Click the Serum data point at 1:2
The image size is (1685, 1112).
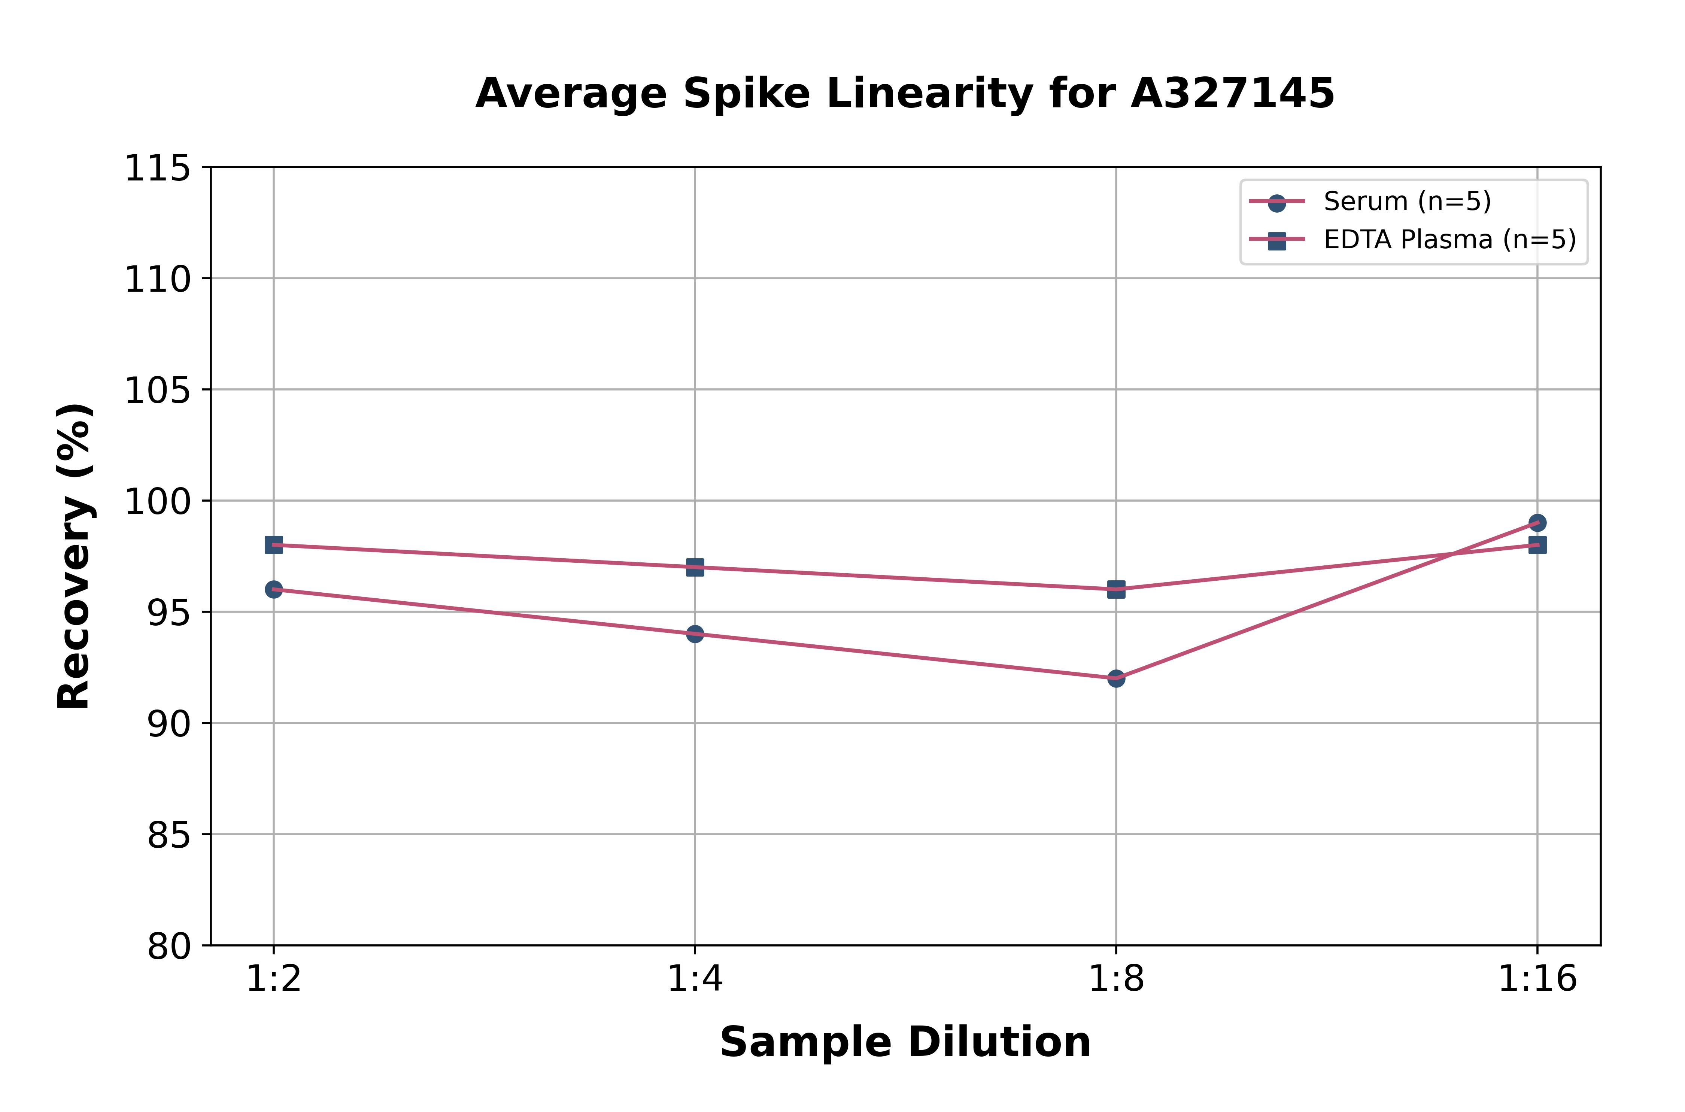[x=274, y=589]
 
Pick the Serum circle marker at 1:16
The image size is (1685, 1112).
[x=1537, y=523]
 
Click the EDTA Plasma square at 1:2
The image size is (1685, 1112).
[x=274, y=545]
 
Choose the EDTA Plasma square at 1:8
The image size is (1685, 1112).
[x=1116, y=589]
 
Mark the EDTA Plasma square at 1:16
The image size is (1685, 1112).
[x=1537, y=545]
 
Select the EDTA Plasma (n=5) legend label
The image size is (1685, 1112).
[x=1449, y=240]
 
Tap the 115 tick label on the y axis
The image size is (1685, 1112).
[x=157, y=169]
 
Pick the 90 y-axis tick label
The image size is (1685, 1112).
[x=169, y=724]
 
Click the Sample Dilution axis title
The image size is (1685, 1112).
[x=905, y=1042]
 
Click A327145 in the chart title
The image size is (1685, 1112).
[x=1233, y=94]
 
